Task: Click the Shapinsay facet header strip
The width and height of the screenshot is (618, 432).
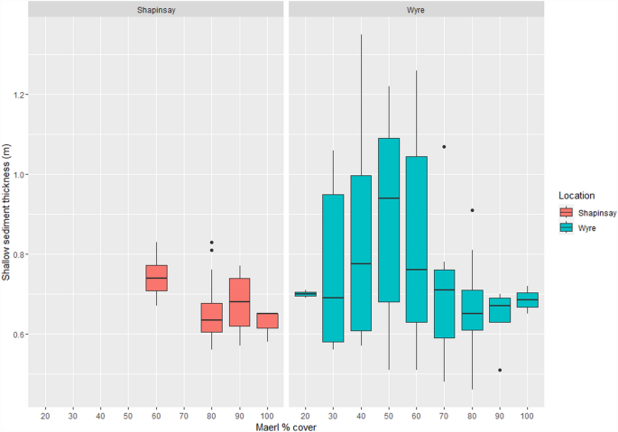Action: click(x=155, y=9)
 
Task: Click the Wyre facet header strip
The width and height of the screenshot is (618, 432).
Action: click(x=416, y=9)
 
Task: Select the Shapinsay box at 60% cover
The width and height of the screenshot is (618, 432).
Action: click(x=155, y=278)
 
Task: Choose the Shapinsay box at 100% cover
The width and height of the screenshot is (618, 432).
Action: click(x=267, y=320)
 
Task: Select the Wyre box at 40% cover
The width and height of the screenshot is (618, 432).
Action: click(x=361, y=253)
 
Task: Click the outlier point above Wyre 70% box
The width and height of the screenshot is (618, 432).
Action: click(x=445, y=147)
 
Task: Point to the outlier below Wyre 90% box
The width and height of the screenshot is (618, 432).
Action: click(x=500, y=370)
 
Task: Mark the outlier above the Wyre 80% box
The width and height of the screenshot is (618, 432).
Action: click(x=473, y=210)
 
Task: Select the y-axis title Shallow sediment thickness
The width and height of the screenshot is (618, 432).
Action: click(x=7, y=216)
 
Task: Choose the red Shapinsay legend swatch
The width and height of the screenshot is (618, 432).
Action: click(x=567, y=213)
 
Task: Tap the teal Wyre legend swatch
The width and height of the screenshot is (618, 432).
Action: click(x=567, y=228)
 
